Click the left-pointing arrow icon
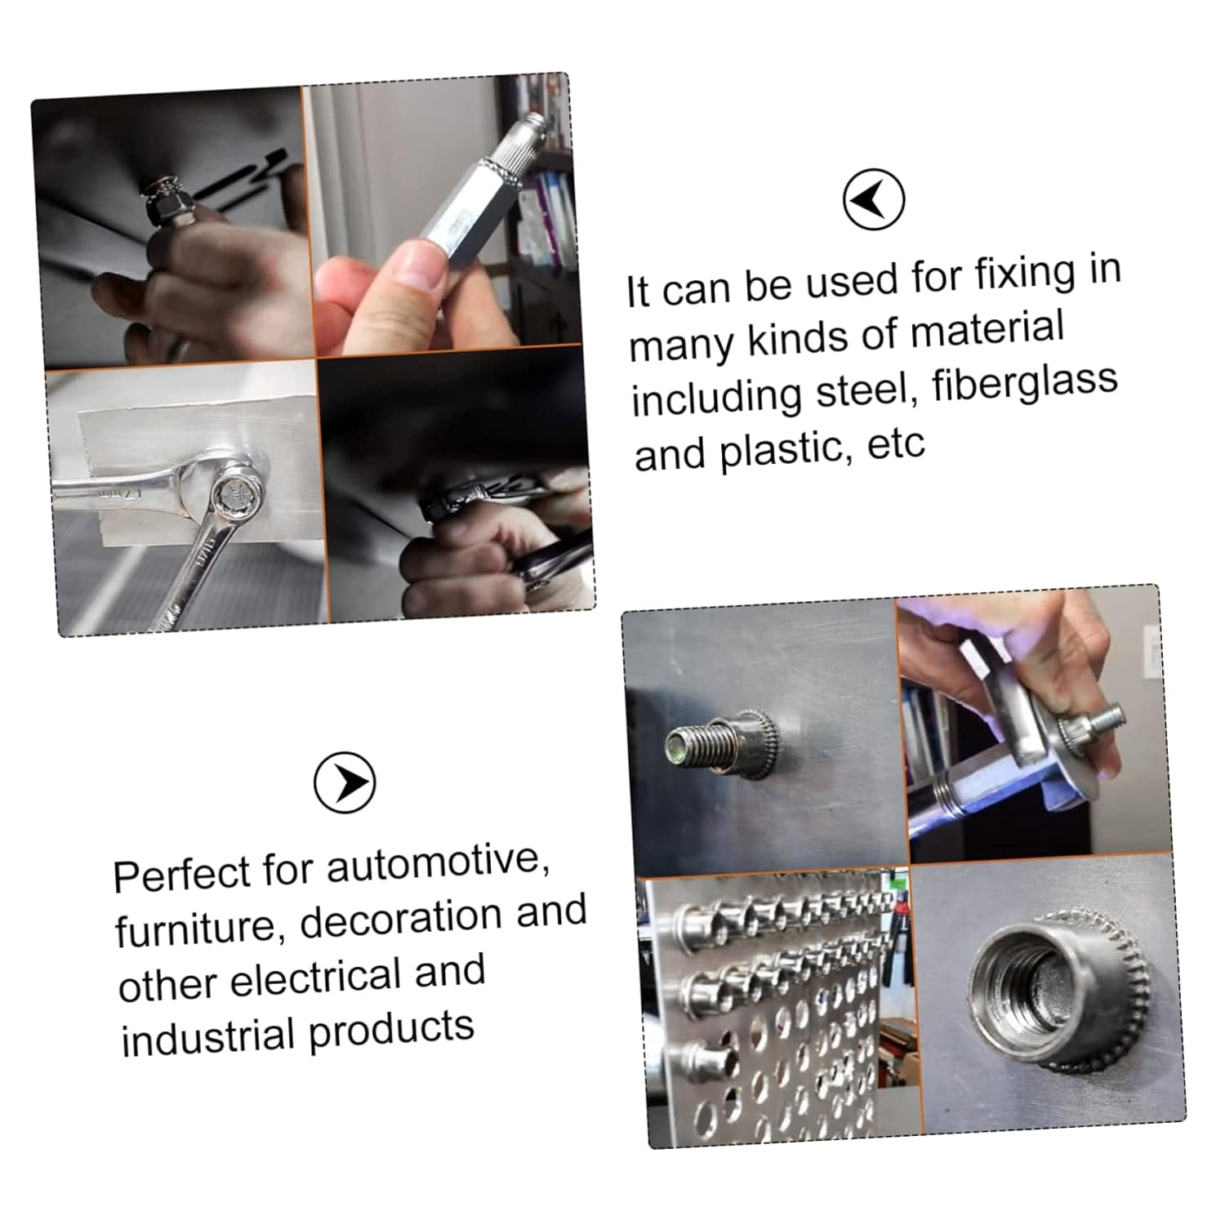873,199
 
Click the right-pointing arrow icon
345,782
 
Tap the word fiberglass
1024,383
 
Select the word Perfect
182,875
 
